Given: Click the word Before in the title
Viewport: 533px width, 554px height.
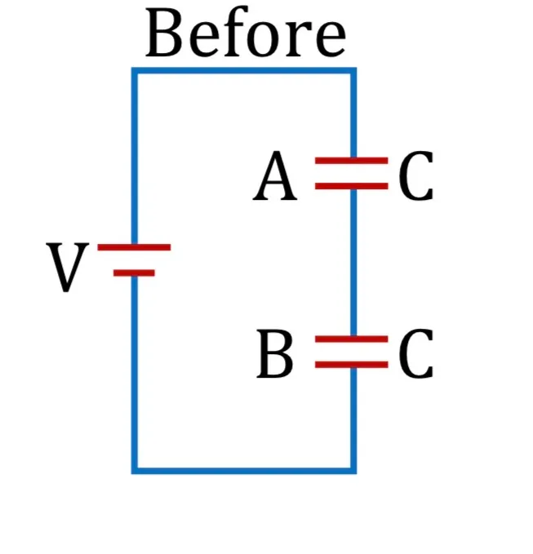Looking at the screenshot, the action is [x=246, y=33].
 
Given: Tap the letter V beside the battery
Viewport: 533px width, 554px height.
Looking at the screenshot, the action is [x=67, y=267].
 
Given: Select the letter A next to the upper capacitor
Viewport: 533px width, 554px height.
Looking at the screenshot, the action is [x=275, y=176].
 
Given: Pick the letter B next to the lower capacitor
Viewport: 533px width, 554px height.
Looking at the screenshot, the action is [x=275, y=353].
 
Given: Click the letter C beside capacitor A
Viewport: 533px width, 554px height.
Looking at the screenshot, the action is [x=416, y=176].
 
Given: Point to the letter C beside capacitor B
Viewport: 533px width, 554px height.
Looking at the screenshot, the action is [x=416, y=353].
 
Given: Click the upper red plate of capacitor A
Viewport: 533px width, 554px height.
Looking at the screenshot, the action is [x=352, y=161].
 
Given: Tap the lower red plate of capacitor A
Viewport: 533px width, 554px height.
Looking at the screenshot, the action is [x=352, y=186].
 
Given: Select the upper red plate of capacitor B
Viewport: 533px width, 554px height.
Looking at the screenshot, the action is [x=352, y=339].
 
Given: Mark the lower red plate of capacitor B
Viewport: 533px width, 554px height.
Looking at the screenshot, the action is [x=352, y=365].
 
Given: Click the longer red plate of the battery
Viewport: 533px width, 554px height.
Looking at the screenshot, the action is [x=134, y=247].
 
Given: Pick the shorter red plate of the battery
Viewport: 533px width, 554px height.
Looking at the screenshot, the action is [x=134, y=273].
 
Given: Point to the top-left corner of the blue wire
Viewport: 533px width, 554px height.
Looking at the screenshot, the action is [x=135, y=71].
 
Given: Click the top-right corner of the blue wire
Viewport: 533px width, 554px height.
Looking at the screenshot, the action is [x=353, y=71].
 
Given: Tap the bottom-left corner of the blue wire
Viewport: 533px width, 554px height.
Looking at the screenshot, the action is [x=135, y=471].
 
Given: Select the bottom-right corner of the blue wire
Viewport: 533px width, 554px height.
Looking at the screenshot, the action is [x=353, y=471].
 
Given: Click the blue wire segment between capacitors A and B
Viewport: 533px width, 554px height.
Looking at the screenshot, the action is [x=353, y=263].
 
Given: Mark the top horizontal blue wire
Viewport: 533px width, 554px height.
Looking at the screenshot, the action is [x=244, y=71].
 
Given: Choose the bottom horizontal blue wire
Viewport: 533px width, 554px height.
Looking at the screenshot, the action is [x=244, y=471].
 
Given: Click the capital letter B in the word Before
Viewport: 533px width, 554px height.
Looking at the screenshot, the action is [x=164, y=33].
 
